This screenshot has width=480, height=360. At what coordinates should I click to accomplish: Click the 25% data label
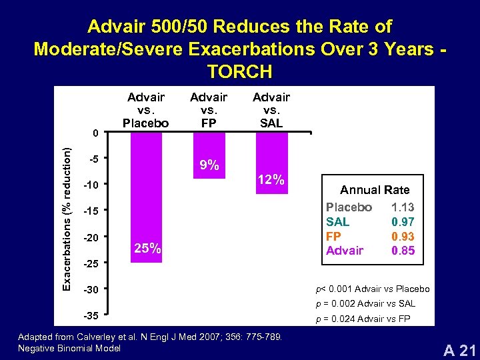147,248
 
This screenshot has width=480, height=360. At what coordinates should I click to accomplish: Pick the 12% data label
272,180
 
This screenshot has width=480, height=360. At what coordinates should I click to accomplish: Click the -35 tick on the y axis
93,314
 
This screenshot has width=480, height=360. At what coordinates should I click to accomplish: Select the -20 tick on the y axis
93,237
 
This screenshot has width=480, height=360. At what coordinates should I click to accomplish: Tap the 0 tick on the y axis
96,133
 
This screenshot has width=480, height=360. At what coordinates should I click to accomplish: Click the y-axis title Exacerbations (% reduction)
67,219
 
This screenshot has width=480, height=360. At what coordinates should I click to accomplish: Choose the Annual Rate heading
375,190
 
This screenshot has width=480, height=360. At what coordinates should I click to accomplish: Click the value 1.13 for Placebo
403,207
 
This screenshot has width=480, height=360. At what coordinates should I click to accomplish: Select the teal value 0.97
403,222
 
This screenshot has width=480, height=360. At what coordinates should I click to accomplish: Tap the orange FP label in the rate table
334,237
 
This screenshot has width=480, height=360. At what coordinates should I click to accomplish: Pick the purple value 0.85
403,251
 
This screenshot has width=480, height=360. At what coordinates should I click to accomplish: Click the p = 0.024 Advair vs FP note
363,319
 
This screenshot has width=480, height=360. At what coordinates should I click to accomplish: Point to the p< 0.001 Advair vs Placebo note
372,289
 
